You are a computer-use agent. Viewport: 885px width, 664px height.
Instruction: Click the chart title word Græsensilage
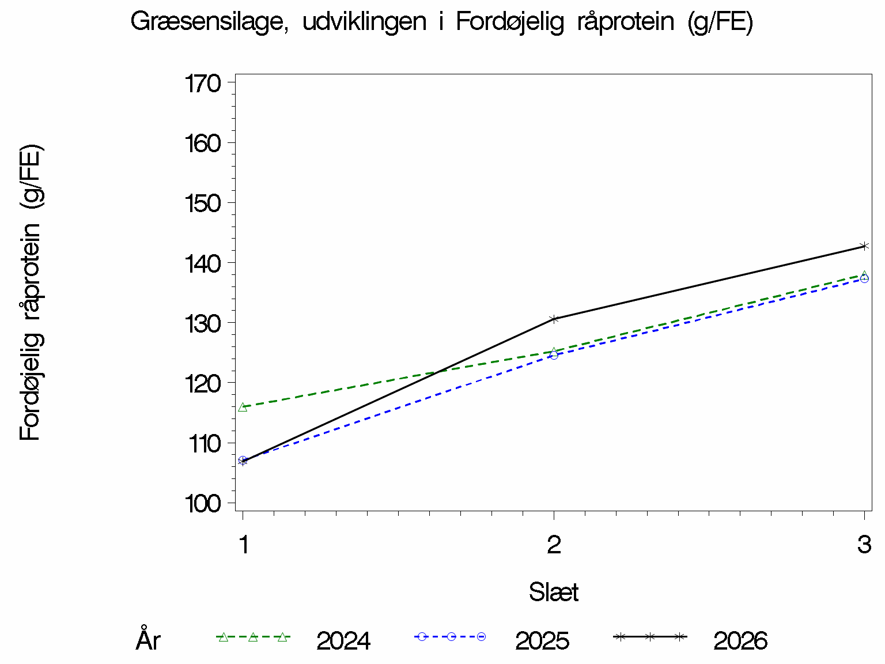click(x=209, y=22)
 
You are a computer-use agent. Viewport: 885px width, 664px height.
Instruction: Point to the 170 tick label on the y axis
click(x=203, y=84)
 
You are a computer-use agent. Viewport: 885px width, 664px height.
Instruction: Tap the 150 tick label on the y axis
click(x=203, y=203)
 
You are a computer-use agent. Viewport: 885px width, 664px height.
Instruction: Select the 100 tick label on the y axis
click(x=203, y=504)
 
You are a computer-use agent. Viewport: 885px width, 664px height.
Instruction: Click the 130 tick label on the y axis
click(x=203, y=324)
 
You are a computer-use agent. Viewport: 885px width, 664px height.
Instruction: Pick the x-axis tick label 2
click(x=554, y=545)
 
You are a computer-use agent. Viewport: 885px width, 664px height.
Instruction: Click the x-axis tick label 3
click(x=864, y=545)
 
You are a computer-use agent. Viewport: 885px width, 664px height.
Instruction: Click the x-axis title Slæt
click(x=554, y=592)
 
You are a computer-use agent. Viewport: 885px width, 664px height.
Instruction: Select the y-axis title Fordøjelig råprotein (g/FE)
click(x=31, y=292)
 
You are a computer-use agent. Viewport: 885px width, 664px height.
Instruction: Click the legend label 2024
click(x=343, y=641)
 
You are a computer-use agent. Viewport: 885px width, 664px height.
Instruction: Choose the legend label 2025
click(x=542, y=641)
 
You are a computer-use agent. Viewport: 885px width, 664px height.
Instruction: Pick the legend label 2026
click(x=740, y=641)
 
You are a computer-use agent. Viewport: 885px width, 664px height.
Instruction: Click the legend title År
click(x=149, y=639)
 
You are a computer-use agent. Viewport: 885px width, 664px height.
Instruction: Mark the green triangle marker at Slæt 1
click(x=243, y=407)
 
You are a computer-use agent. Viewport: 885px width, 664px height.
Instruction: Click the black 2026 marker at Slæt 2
click(x=554, y=319)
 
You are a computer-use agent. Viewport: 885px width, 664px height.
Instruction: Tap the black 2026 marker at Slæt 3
click(x=864, y=246)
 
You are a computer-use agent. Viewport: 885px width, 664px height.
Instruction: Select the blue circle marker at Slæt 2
click(x=554, y=355)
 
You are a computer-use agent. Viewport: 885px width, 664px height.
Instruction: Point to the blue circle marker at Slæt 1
click(x=243, y=461)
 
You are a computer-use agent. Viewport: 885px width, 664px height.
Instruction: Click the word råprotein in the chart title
click(x=626, y=21)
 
